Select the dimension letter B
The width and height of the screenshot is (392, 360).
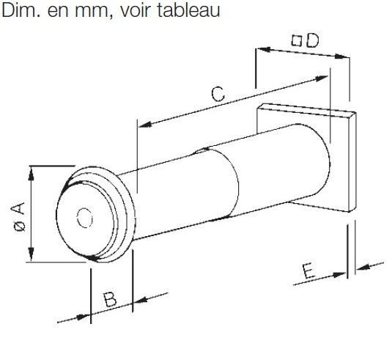click(110, 299)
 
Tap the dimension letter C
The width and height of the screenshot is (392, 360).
click(218, 94)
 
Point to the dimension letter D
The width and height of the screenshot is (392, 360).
click(313, 40)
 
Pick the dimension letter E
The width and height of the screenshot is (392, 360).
click(308, 271)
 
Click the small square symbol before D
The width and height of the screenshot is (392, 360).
click(297, 40)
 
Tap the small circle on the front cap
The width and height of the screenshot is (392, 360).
click(85, 218)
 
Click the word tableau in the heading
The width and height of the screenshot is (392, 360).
click(189, 10)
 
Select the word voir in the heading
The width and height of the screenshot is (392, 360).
click(136, 10)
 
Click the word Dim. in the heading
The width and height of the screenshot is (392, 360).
click(21, 10)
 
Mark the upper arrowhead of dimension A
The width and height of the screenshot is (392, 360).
click(31, 173)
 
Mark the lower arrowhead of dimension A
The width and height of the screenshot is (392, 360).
click(31, 254)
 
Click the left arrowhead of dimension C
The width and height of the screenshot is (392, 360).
click(145, 124)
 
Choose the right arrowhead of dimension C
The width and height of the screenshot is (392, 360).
click(321, 78)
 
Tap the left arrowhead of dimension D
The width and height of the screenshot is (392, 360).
click(264, 49)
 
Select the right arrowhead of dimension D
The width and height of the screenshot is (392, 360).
click(342, 56)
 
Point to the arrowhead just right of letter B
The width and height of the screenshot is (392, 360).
click(139, 299)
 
